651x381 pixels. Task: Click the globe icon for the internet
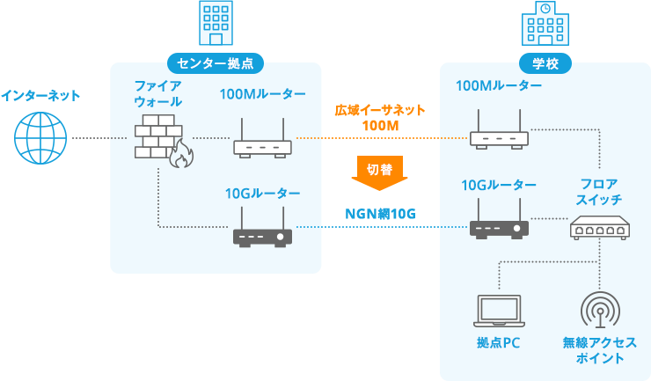click(x=40, y=138)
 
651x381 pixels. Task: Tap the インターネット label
click(x=40, y=95)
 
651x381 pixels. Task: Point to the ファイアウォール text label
click(x=158, y=93)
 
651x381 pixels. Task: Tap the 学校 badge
click(x=545, y=63)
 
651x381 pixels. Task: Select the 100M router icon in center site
click(x=262, y=141)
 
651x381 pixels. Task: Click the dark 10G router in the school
click(x=499, y=224)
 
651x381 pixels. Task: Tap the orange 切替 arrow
click(x=379, y=172)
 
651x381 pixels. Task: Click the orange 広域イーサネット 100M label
click(x=380, y=118)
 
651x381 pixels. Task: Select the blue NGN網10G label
click(x=379, y=214)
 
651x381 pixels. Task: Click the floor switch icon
click(x=599, y=230)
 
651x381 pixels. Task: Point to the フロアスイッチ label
click(x=599, y=192)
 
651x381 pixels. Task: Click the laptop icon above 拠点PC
click(x=499, y=311)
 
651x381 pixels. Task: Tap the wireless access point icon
click(x=599, y=310)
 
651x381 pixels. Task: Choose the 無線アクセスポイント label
click(x=599, y=350)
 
